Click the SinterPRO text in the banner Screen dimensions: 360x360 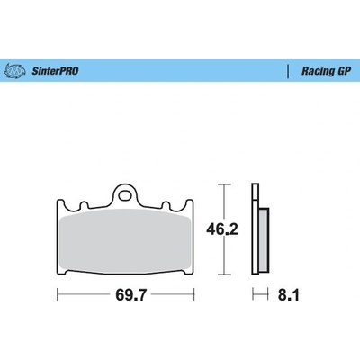pyautogui.click(x=55, y=71)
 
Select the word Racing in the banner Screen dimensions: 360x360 pyautogui.click(x=318, y=71)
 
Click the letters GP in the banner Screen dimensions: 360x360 pyautogui.click(x=344, y=71)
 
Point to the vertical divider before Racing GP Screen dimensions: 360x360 pyautogui.click(x=288, y=71)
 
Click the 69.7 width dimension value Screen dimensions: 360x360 pyautogui.click(x=130, y=295)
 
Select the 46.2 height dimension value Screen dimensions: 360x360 pyautogui.click(x=222, y=229)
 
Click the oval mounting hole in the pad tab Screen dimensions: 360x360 pyautogui.click(x=125, y=195)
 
